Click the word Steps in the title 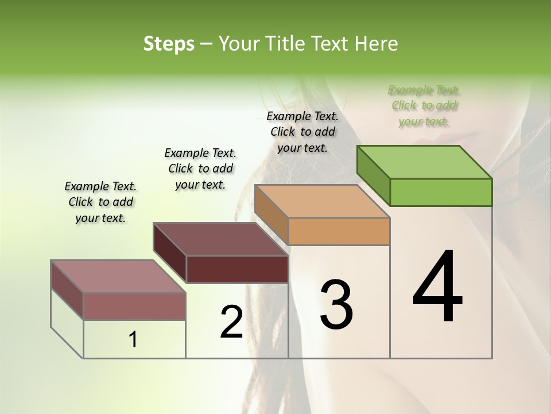pos(169,44)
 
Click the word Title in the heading pos(283,44)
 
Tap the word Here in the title pos(375,44)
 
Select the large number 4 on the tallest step pos(438,288)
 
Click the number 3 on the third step pos(336,305)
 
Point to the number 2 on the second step pos(231,322)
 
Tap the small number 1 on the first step pos(133,340)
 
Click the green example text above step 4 pos(424,106)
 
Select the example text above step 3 pos(302,132)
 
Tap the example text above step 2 pos(200,168)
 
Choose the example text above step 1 pos(100,202)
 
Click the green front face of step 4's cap pos(441,192)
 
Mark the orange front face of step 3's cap pos(339,231)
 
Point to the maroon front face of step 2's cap pos(237,269)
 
